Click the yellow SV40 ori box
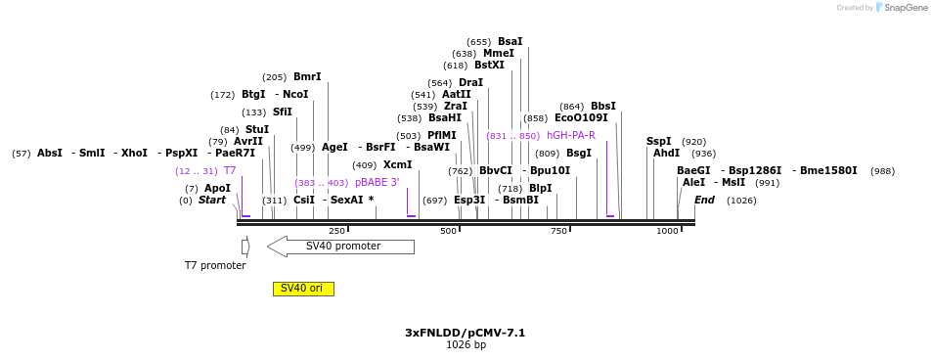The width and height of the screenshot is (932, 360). (x=304, y=289)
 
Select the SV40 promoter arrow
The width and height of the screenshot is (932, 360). (x=340, y=247)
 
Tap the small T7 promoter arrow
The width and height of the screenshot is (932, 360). (x=245, y=247)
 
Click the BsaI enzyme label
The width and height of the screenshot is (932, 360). (x=510, y=42)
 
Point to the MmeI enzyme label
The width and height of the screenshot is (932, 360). (x=498, y=54)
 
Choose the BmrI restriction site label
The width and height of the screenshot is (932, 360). (x=307, y=76)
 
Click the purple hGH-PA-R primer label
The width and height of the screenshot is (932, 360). (x=571, y=136)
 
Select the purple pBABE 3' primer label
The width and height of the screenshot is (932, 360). (x=377, y=183)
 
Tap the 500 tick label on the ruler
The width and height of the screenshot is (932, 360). (x=449, y=231)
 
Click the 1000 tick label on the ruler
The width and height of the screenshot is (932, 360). (x=667, y=231)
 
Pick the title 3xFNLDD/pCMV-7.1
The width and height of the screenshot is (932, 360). (x=466, y=333)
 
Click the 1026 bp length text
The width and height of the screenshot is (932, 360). (x=466, y=344)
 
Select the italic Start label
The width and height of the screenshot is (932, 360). (x=212, y=200)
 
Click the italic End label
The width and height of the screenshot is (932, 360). (x=704, y=200)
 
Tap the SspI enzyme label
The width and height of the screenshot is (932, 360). (x=658, y=141)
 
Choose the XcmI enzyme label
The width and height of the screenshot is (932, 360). (x=398, y=164)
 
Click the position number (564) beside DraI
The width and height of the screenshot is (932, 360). (x=441, y=83)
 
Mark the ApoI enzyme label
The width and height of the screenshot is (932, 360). (x=217, y=188)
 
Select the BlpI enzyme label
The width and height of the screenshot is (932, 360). (x=540, y=188)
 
